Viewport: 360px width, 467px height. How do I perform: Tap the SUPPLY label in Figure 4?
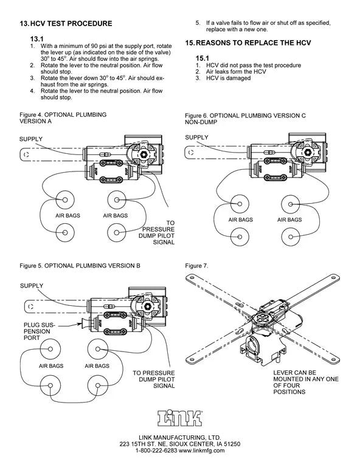[32, 139]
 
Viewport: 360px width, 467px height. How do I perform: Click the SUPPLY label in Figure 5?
[32, 285]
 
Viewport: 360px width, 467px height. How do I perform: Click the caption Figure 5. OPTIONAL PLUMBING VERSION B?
[80, 266]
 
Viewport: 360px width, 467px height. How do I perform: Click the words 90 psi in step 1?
[104, 46]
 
